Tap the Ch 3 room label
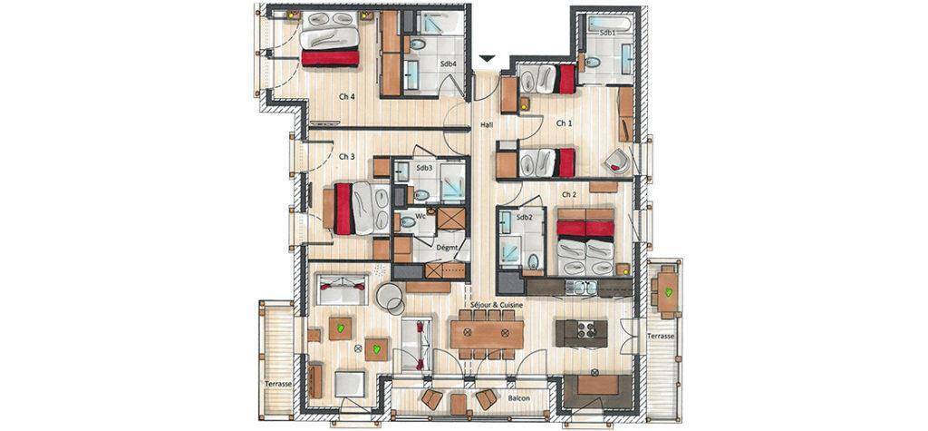pos(347,157)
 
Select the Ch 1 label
pos(564,123)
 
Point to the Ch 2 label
pos(569,194)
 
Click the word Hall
pos(487,124)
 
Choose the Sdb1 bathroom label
pos(607,34)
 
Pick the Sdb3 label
pos(424,168)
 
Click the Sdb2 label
pos(525,218)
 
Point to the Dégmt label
pos(448,248)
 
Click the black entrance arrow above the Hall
pos(487,58)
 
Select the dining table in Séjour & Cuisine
pos(487,335)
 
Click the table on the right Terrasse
pos(668,291)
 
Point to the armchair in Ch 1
pos(617,161)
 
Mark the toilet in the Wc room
pos(409,223)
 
